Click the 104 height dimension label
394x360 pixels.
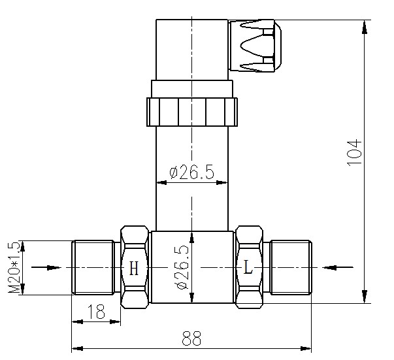tap(354, 153)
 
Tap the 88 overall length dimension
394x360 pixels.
tap(191, 338)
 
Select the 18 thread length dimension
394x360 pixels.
tap(96, 312)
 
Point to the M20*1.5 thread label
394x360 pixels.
tap(14, 267)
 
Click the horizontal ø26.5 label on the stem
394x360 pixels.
tap(191, 172)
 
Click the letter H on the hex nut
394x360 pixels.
tap(134, 269)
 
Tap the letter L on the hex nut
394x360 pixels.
tap(248, 267)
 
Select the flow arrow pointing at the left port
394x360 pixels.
tap(46, 268)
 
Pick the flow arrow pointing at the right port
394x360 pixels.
tap(338, 268)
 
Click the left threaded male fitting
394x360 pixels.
tap(93, 267)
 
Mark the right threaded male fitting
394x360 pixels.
tap(291, 267)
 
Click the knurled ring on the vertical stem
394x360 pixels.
tap(192, 112)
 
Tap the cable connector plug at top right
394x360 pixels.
tap(255, 46)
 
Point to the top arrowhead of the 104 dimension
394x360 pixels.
tap(365, 27)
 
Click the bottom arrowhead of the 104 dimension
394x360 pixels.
tap(365, 297)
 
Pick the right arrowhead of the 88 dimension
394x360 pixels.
tap(305, 348)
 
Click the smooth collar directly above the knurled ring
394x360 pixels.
tap(192, 89)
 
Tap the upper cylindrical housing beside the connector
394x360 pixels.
tap(192, 50)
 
